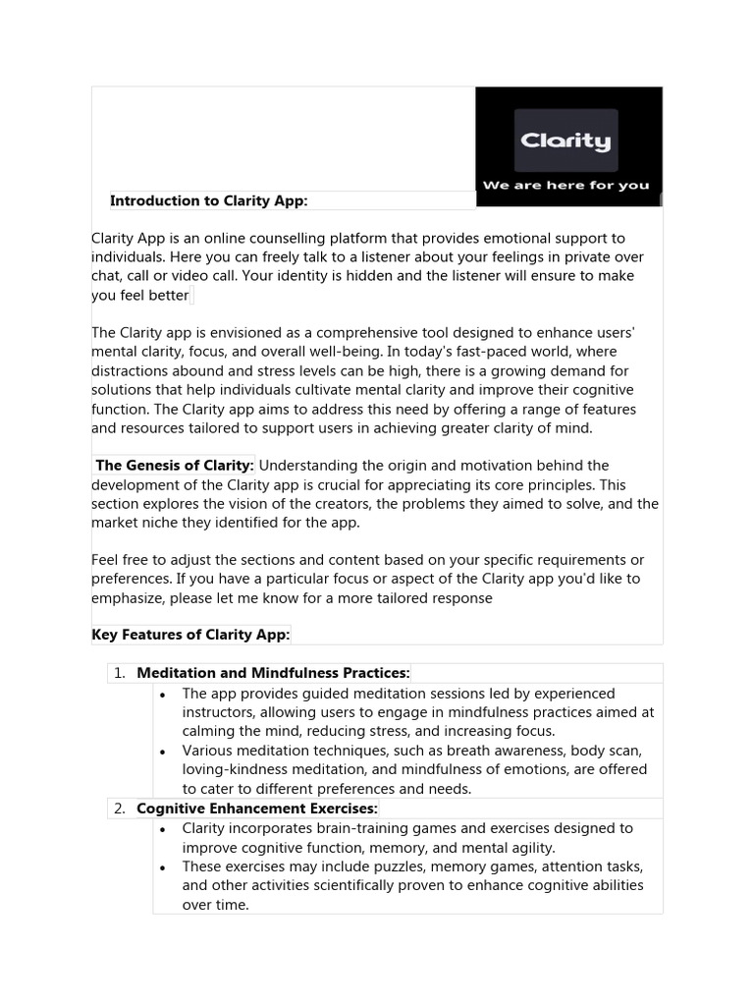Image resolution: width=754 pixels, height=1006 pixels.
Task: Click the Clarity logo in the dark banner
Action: pyautogui.click(x=565, y=140)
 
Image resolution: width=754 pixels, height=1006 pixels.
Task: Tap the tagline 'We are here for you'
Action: pyautogui.click(x=565, y=185)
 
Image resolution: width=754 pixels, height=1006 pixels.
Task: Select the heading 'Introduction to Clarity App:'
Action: pyautogui.click(x=209, y=200)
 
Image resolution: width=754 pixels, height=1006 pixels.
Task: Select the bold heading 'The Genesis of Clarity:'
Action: pyautogui.click(x=175, y=466)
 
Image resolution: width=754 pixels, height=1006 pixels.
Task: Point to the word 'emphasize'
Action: pyautogui.click(x=130, y=597)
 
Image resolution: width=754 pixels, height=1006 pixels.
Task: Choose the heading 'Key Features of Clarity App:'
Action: pyautogui.click(x=190, y=635)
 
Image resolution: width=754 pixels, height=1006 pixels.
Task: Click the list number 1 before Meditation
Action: pyautogui.click(x=118, y=673)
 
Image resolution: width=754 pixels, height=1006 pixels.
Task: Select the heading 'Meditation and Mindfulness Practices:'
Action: pyautogui.click(x=273, y=673)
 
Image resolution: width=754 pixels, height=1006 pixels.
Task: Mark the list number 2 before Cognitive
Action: pyautogui.click(x=118, y=809)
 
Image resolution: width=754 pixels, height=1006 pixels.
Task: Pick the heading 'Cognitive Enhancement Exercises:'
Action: pyautogui.click(x=257, y=809)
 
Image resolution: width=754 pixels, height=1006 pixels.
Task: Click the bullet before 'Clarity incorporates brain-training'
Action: pyautogui.click(x=162, y=829)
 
